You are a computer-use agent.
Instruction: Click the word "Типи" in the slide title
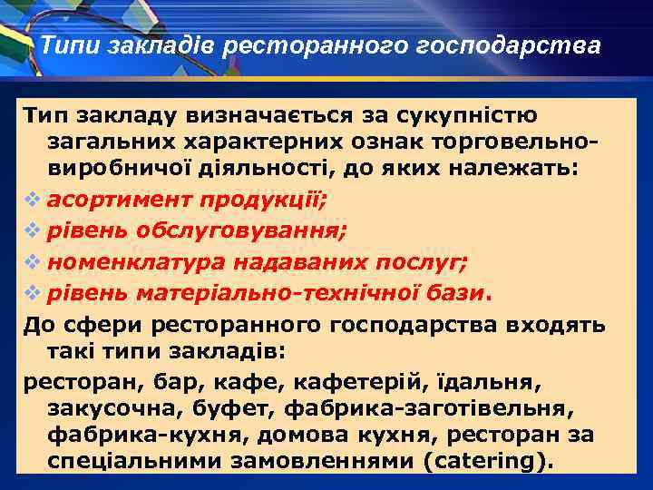pyautogui.click(x=65, y=45)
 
